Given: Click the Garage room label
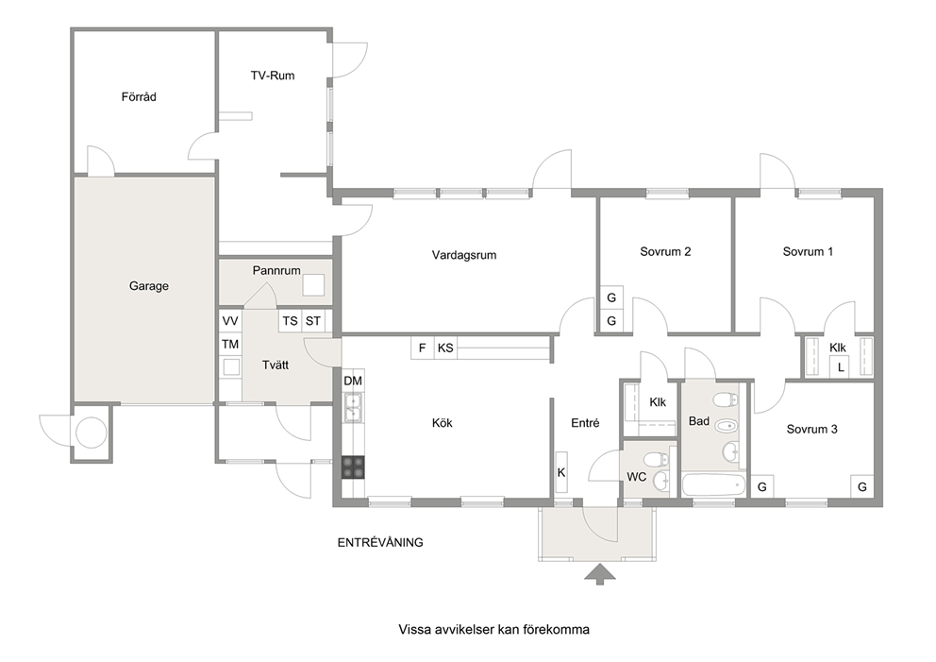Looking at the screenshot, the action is coord(149,286).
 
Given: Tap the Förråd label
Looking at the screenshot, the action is coord(139,96).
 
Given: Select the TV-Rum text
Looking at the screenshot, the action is coord(272,76).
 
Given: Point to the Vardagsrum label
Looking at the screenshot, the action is coord(464,255).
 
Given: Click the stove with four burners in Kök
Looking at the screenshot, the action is coord(353,467).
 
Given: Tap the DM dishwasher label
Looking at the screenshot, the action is coord(353,381).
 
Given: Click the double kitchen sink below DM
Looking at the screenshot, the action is coord(353,407).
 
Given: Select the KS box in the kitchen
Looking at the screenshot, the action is coord(445,348).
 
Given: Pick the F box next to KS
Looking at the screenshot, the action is coord(422,348).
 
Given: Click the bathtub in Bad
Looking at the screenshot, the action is coord(714,484).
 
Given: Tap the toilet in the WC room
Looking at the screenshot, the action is coord(660,460).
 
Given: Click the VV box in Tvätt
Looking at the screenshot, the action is coord(230,321).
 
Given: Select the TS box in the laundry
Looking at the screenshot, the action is coord(290,321).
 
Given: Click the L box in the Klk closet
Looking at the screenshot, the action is coord(841,366).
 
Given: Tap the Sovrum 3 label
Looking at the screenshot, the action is coord(811,429).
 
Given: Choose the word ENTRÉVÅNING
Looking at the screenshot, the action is coord(380,542).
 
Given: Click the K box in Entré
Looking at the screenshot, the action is coord(561,472).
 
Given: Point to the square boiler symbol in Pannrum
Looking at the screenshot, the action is coord(313,284).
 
